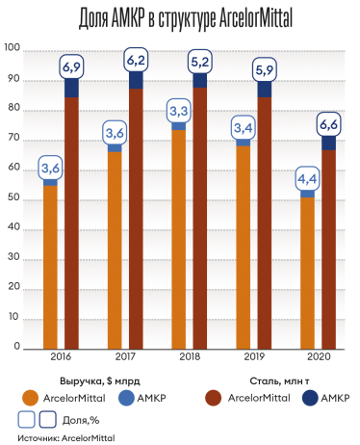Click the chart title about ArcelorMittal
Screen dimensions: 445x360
click(180, 17)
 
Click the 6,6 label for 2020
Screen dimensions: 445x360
click(328, 123)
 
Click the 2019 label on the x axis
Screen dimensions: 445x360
click(253, 356)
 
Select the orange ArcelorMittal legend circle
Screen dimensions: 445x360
click(31, 397)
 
